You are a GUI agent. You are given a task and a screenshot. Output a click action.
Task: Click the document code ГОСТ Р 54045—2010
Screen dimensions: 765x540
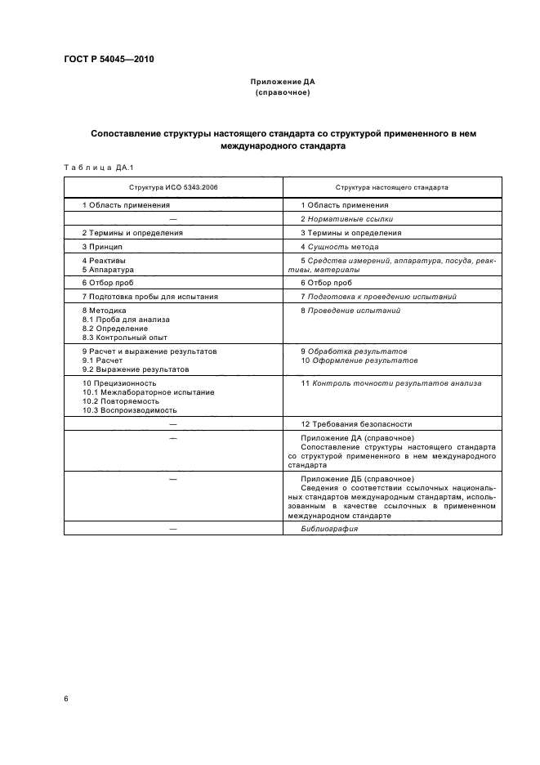(x=109, y=60)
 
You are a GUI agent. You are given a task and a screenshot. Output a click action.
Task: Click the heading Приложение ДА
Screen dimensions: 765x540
(x=282, y=83)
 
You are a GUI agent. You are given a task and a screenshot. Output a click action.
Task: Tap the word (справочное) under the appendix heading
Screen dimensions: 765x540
(x=282, y=92)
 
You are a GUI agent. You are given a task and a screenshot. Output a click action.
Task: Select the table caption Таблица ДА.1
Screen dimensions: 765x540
(x=91, y=168)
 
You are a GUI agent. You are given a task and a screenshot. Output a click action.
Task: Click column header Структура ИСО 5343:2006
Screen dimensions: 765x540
(x=173, y=187)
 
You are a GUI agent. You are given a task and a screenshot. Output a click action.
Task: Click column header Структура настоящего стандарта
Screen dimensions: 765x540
(x=391, y=187)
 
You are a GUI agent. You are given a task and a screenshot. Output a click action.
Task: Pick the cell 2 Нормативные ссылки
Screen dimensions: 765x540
(x=346, y=219)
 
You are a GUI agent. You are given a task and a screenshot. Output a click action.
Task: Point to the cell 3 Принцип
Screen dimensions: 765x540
(x=102, y=246)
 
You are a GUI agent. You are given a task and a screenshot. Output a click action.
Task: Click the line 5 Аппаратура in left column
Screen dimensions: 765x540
(x=108, y=269)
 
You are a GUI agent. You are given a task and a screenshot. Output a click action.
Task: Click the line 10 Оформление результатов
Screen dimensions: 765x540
(x=359, y=360)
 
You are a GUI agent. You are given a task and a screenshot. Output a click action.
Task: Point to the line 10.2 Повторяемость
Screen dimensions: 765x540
(x=116, y=401)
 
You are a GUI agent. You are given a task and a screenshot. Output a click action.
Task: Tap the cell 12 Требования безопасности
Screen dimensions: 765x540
(x=356, y=424)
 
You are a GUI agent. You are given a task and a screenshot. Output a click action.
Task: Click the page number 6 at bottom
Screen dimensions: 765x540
(x=66, y=699)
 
